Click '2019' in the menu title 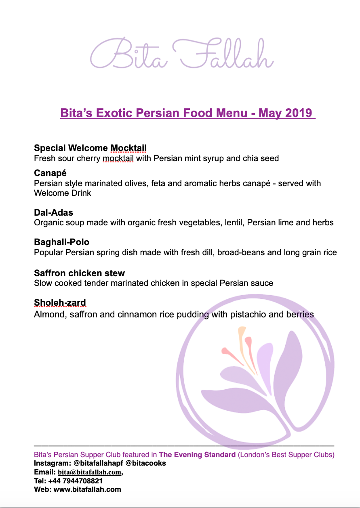(x=299, y=113)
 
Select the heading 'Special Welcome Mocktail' (x=90, y=148)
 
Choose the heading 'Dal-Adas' (x=53, y=212)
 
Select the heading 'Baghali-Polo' (x=61, y=242)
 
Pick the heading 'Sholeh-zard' (x=60, y=303)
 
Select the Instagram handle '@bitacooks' (x=145, y=463)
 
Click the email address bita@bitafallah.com (x=89, y=472)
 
